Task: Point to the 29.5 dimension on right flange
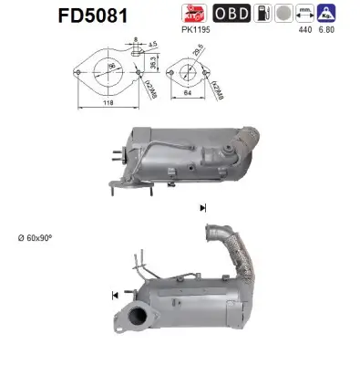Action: (x=197, y=54)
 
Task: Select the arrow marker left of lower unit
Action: (x=114, y=294)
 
